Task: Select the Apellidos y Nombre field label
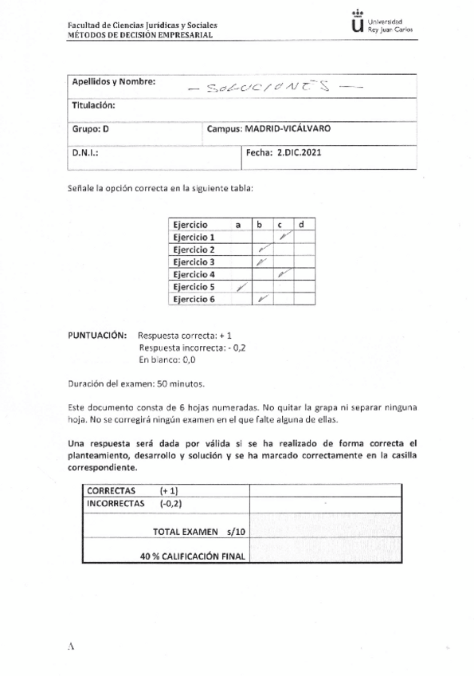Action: coord(114,82)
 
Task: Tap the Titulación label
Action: coord(95,105)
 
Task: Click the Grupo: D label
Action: coord(90,128)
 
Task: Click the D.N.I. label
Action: coord(85,151)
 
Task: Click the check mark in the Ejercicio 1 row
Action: coord(283,237)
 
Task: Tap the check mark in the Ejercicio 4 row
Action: coord(283,273)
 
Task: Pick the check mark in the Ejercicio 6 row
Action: coord(263,298)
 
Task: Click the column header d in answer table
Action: coord(301,226)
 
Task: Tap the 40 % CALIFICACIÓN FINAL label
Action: coord(192,556)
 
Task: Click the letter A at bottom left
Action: coord(71,647)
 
